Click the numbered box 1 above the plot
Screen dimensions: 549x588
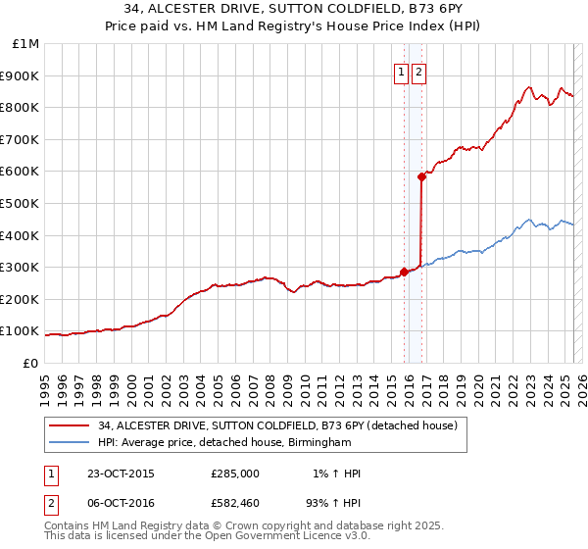(x=402, y=72)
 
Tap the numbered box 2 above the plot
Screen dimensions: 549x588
(x=418, y=72)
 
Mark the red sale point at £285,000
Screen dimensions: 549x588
(x=405, y=272)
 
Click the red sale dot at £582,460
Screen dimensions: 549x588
(x=421, y=177)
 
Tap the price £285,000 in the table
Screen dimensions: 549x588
(x=235, y=474)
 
